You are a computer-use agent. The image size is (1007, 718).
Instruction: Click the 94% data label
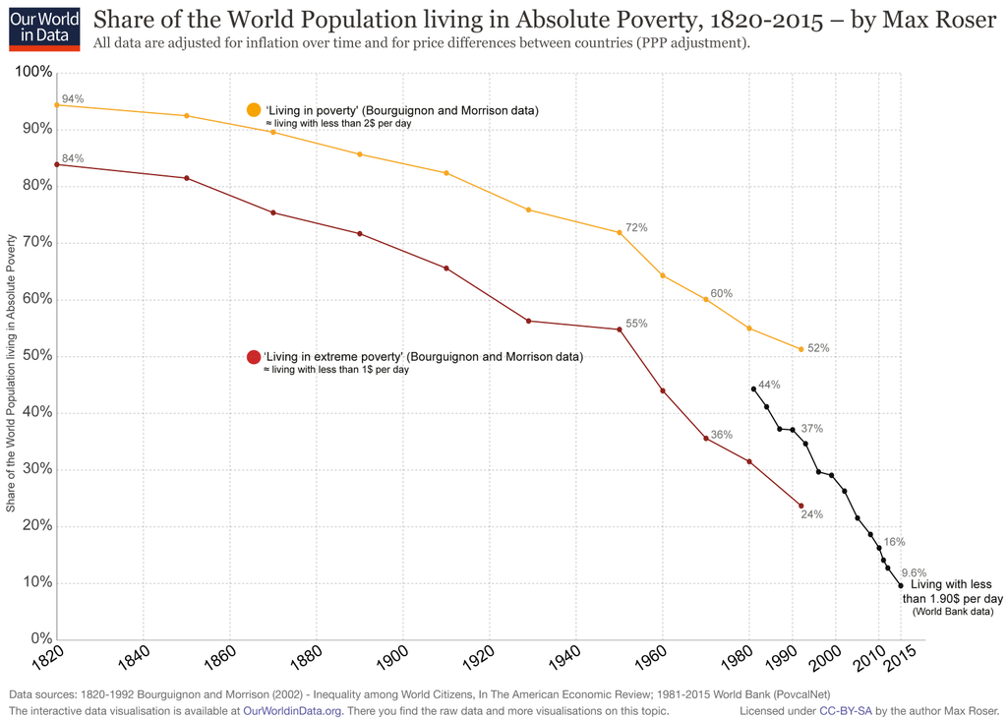pos(73,99)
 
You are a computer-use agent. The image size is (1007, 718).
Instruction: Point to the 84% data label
pos(73,158)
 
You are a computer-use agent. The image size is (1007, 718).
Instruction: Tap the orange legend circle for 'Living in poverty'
pos(254,110)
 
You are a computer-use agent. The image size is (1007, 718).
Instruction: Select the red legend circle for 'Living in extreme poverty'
pos(254,357)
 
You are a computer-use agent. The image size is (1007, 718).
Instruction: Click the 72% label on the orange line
pos(636,228)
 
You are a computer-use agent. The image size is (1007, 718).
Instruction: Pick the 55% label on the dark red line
pos(636,324)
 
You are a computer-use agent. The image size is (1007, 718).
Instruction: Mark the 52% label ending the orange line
pos(818,348)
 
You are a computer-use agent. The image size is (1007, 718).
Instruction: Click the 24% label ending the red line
pos(811,514)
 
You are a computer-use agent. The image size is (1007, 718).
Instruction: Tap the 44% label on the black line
pos(769,385)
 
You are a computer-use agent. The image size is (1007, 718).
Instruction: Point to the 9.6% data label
pos(915,573)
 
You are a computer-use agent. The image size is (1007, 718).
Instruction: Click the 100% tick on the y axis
pos(33,73)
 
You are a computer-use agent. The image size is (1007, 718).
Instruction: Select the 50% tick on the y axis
pos(36,356)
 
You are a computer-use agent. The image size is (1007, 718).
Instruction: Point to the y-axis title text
pos(12,373)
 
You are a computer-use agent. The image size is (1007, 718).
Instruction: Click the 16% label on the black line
pos(894,542)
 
